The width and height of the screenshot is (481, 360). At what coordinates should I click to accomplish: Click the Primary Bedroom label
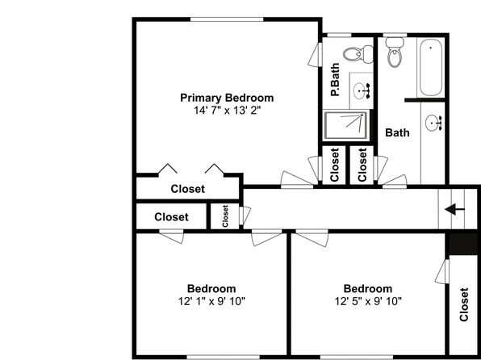coord(227,98)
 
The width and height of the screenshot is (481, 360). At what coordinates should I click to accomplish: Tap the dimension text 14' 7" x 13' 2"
coord(227,110)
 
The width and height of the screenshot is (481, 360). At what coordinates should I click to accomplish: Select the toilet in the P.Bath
coord(358,54)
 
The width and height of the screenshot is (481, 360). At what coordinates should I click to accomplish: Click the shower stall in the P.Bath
coord(346,125)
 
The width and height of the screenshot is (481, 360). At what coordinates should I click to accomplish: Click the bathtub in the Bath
coord(431,67)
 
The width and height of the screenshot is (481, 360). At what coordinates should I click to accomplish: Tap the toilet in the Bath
coord(395,52)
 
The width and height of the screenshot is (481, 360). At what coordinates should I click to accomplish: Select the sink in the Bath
coord(433,123)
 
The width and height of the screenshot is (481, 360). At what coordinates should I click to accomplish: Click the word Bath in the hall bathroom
coord(397,133)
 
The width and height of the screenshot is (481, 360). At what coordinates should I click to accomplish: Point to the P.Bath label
coord(335,79)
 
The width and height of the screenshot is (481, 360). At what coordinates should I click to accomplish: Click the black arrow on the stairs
coord(454,210)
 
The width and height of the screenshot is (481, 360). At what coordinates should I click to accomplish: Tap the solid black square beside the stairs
coord(463,244)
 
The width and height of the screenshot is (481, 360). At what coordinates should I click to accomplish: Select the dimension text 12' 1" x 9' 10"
coord(211,301)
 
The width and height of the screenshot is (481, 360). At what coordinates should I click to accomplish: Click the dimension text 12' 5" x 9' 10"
coord(368,301)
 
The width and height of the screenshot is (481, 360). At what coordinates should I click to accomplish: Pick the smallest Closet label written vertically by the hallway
coord(225,216)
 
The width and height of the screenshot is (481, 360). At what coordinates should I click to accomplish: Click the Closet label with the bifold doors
coord(188,189)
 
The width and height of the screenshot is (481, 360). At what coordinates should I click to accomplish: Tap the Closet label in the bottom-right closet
coord(464,305)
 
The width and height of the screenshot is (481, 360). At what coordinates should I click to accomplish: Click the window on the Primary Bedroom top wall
coord(227,19)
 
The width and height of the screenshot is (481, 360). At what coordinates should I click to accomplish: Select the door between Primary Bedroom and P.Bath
coord(316,55)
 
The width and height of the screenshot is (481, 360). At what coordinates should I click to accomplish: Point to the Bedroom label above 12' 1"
coord(211,289)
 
